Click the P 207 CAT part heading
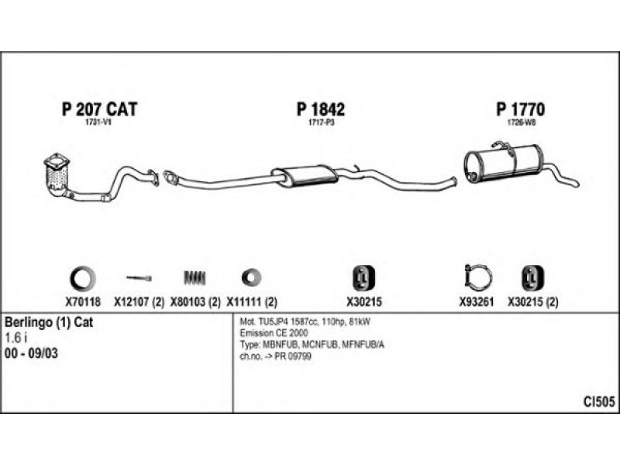tap(99, 109)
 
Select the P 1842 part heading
tap(321, 109)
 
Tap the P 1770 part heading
tap(520, 109)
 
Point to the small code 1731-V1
tap(98, 122)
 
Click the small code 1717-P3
tap(321, 122)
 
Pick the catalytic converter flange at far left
tap(57, 161)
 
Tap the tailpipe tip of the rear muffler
tap(577, 184)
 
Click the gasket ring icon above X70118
tap(83, 278)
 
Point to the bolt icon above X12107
tap(139, 278)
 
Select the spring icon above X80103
tap(195, 277)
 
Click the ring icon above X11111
tap(251, 277)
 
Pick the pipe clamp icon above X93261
tap(477, 277)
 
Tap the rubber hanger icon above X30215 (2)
tap(532, 278)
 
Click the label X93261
tap(477, 302)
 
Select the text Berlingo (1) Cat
tap(49, 322)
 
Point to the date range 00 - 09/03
tap(31, 353)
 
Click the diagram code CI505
tap(599, 401)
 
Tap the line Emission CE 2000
tap(274, 333)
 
